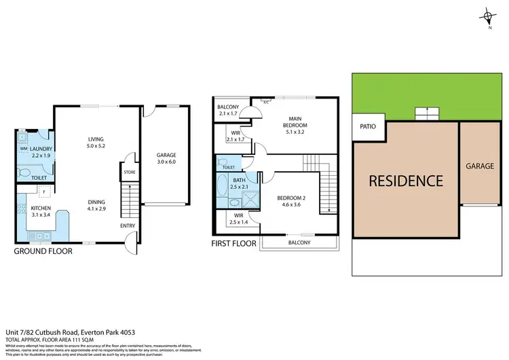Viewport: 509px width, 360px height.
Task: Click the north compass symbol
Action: (488, 18)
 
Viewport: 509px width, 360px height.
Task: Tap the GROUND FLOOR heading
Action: (44, 251)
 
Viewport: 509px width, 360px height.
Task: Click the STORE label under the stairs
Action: (130, 173)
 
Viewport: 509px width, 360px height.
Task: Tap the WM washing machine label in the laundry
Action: (24, 148)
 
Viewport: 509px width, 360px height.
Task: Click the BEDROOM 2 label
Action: (293, 199)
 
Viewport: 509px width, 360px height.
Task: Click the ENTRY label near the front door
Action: (128, 225)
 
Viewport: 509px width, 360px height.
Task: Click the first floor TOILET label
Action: (229, 167)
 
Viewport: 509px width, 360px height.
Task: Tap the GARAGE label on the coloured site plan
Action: (480, 166)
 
